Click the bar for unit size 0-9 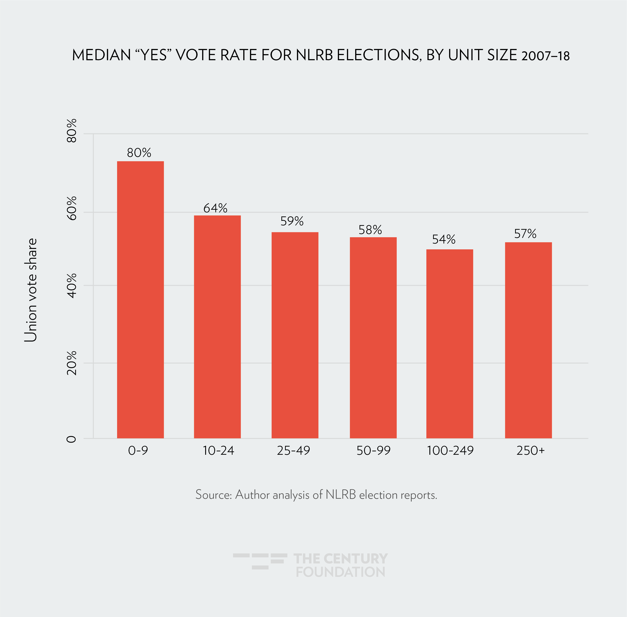(x=140, y=300)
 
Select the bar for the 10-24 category (x=217, y=327)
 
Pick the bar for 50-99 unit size (x=373, y=338)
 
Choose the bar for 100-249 (x=449, y=344)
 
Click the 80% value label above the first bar (x=139, y=153)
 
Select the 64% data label (x=215, y=208)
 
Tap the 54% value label (x=443, y=239)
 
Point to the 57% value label (x=525, y=234)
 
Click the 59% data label (x=292, y=221)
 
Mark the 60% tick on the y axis (x=72, y=208)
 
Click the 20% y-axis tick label (x=72, y=363)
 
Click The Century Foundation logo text (x=340, y=565)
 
